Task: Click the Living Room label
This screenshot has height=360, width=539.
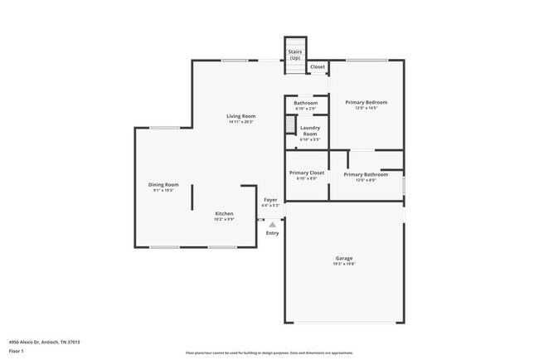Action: (x=241, y=116)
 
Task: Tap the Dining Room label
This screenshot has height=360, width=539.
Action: (x=163, y=185)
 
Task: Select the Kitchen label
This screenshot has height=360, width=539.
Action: (x=224, y=213)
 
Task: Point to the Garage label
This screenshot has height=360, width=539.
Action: (x=344, y=258)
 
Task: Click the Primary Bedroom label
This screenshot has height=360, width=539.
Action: (x=367, y=102)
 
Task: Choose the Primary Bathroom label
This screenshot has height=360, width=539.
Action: (x=366, y=174)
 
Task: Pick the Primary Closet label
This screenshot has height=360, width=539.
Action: (x=306, y=173)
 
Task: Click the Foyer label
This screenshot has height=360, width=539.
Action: (x=270, y=200)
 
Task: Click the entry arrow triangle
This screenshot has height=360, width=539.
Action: (x=272, y=224)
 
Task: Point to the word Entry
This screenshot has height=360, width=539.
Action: (x=272, y=233)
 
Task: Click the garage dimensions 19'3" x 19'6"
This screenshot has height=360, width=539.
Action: (x=344, y=265)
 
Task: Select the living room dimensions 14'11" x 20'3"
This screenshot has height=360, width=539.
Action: (x=241, y=123)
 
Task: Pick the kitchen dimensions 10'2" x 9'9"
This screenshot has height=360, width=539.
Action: (x=224, y=220)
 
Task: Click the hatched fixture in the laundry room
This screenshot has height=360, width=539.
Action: (x=289, y=124)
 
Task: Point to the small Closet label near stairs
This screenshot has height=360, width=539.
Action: (x=318, y=66)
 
